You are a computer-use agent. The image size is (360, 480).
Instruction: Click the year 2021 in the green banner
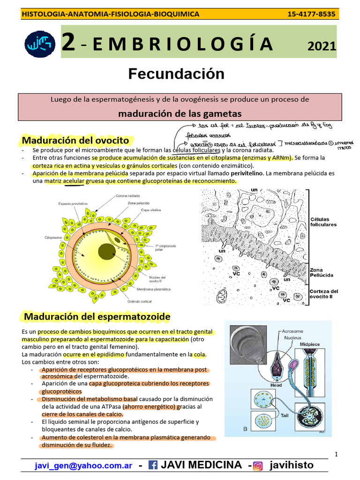click(322, 46)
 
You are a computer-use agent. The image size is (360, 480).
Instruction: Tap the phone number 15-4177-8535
click(311, 14)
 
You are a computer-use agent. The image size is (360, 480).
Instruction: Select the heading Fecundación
click(176, 74)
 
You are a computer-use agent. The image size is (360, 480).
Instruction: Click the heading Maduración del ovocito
click(76, 140)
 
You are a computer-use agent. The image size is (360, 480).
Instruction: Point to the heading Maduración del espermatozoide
click(97, 317)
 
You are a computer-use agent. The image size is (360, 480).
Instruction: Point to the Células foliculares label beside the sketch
click(323, 222)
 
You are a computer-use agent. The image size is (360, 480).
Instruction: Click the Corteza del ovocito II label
click(323, 294)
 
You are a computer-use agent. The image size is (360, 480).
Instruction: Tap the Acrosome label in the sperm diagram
click(292, 331)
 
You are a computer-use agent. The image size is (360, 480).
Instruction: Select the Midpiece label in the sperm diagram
click(310, 345)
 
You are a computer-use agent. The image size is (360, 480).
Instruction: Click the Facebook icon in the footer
click(153, 465)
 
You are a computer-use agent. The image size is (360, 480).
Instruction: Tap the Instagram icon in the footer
click(257, 465)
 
